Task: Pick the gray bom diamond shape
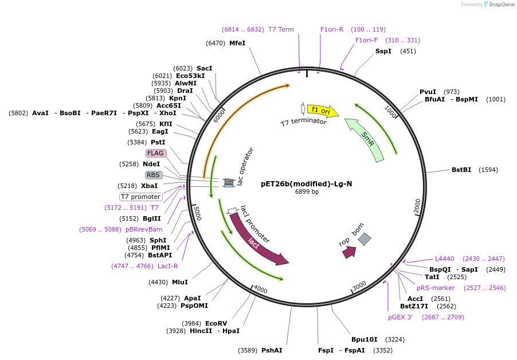click(x=365, y=239)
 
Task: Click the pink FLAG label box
click(x=156, y=153)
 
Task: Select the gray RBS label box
click(x=153, y=175)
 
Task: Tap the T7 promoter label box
click(x=140, y=197)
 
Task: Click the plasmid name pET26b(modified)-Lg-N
click(x=307, y=184)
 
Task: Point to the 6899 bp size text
click(x=307, y=192)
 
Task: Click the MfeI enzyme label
click(x=237, y=43)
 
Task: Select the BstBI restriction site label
click(x=461, y=170)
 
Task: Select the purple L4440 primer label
click(x=444, y=259)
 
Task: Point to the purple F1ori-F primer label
click(x=366, y=40)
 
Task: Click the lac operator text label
click(x=245, y=166)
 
